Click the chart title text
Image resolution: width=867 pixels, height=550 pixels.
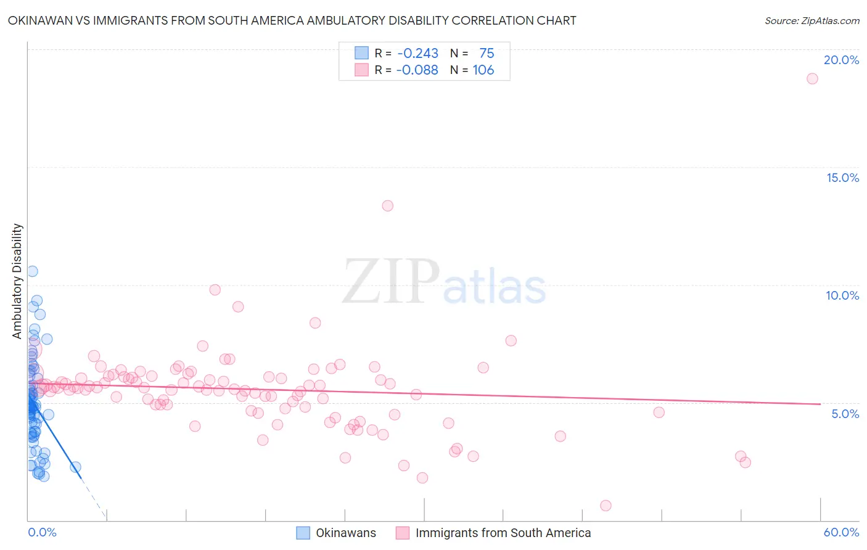[x=292, y=21]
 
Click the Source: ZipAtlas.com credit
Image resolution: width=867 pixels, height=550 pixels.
[x=812, y=21]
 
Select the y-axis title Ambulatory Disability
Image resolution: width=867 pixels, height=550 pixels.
[x=17, y=281]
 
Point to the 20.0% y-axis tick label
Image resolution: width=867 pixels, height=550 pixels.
[x=841, y=60]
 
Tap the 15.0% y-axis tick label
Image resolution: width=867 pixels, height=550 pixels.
[x=842, y=178]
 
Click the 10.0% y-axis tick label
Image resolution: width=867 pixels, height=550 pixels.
[x=842, y=295]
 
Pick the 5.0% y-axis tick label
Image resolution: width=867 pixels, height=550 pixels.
[x=845, y=414]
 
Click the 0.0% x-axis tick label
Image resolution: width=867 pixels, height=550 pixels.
[x=42, y=532]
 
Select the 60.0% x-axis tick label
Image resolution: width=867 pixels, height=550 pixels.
[x=841, y=532]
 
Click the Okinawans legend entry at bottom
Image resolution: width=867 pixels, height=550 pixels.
[x=345, y=533]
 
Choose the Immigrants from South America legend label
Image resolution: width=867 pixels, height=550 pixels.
[x=503, y=533]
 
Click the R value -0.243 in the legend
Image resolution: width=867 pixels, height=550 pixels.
[x=417, y=54]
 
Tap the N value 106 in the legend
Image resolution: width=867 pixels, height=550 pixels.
[x=483, y=70]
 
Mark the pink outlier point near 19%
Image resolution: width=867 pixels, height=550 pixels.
[x=812, y=78]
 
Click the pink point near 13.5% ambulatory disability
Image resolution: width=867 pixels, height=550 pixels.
[x=387, y=206]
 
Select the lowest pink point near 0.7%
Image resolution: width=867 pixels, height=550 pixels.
[x=606, y=506]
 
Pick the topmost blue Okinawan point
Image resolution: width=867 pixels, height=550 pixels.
[x=32, y=271]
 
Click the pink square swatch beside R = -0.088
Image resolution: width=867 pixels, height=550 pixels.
[x=361, y=70]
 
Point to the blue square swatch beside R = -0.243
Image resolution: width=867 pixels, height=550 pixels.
[x=361, y=54]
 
